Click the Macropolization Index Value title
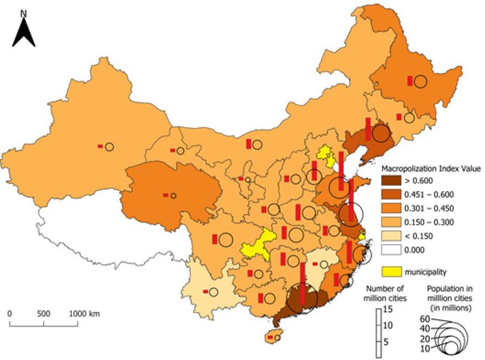click(431, 169)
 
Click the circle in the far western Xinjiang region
click(109, 147)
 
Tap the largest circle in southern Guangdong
click(301, 299)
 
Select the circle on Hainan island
click(278, 338)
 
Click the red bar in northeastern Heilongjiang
click(410, 81)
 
